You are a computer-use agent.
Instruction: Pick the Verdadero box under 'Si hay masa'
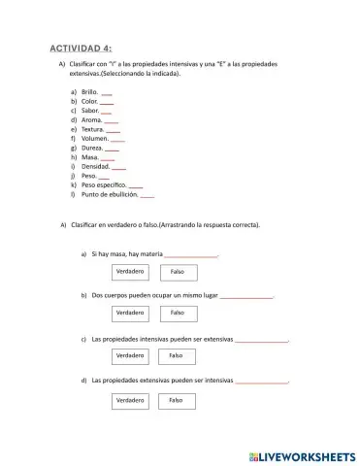pyautogui.click(x=130, y=272)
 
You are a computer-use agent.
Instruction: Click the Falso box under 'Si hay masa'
pyautogui.click(x=178, y=272)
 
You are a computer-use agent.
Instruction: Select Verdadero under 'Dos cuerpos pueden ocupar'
pyautogui.click(x=130, y=313)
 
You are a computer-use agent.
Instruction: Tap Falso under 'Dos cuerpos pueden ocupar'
pyautogui.click(x=178, y=313)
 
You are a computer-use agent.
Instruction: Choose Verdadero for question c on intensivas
pyautogui.click(x=129, y=356)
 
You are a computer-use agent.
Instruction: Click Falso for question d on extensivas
pyautogui.click(x=177, y=400)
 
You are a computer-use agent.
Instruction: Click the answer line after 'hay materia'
pyautogui.click(x=190, y=254)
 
